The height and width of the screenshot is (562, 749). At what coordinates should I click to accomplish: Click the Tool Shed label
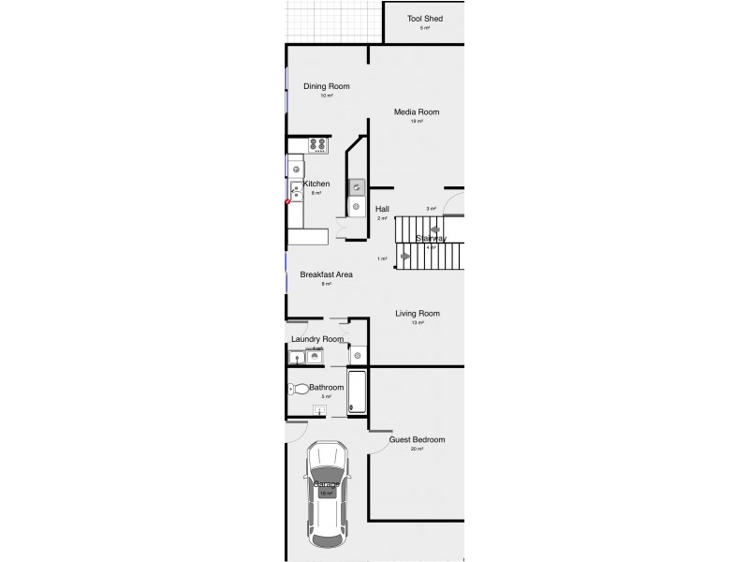424,19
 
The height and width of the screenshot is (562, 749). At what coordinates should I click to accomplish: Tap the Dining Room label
326,86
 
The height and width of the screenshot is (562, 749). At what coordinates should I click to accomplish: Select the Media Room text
416,112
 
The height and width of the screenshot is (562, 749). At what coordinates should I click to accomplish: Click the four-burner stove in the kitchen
317,145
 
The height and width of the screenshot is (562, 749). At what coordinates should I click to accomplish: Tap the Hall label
382,209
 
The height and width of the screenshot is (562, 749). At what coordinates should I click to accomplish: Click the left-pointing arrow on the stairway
434,229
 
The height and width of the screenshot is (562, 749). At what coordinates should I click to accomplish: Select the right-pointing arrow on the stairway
404,256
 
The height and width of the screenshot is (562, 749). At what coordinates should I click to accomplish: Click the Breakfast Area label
326,274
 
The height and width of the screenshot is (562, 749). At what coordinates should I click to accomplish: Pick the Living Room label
417,314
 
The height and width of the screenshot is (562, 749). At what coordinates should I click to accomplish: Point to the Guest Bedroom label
417,439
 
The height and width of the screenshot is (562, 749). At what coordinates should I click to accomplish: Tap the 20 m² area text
417,450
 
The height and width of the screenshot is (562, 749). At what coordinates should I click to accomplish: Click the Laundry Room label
316,339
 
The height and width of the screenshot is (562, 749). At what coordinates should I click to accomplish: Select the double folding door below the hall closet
341,230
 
